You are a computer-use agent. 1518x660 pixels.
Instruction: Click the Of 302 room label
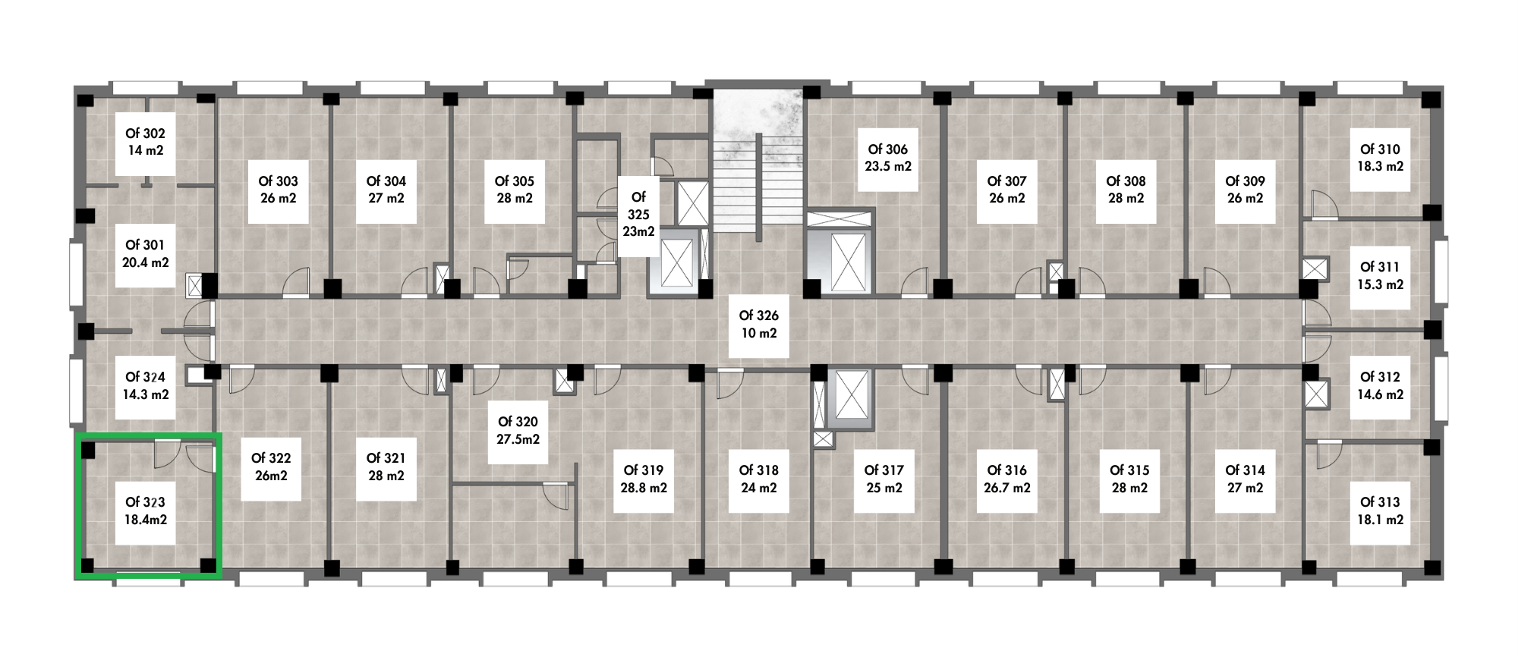tap(145, 142)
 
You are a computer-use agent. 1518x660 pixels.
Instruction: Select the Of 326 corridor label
tap(758, 325)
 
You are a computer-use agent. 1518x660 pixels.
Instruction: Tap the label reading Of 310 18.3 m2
tap(1380, 158)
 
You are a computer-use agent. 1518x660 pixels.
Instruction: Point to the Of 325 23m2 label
tap(638, 215)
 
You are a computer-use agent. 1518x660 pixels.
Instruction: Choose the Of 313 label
tap(1380, 511)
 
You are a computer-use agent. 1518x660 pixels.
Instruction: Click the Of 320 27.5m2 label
tap(518, 431)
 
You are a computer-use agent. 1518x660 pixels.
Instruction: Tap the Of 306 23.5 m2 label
tap(888, 158)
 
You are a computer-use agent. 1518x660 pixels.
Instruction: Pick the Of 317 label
tap(884, 479)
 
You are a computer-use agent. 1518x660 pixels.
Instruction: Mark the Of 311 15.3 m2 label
tap(1380, 276)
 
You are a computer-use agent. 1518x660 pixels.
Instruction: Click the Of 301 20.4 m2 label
tap(145, 254)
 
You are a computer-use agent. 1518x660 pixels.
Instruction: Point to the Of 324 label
tap(145, 386)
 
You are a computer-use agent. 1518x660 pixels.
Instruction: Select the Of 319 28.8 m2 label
tap(644, 479)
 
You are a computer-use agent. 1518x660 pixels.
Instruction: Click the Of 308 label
tap(1126, 190)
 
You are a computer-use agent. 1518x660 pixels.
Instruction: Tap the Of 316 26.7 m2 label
tap(1007, 479)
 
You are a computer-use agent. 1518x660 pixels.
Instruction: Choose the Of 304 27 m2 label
tap(386, 190)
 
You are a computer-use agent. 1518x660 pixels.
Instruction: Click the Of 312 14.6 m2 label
tap(1380, 386)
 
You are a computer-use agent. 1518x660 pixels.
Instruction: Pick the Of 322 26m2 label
tap(271, 467)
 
